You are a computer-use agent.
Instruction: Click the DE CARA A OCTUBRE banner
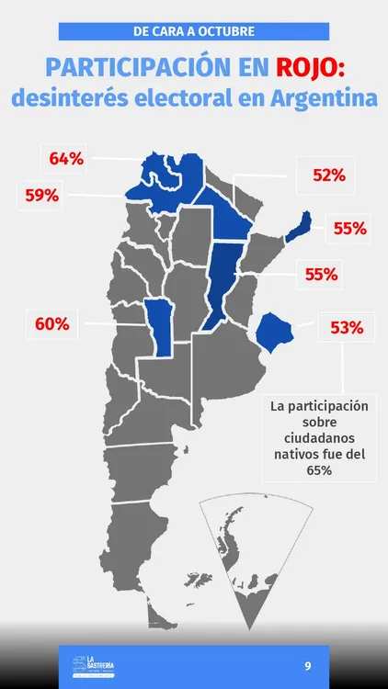pyautogui.click(x=194, y=31)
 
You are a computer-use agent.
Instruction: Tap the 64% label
pyautogui.click(x=66, y=159)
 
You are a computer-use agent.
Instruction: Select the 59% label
pyautogui.click(x=41, y=195)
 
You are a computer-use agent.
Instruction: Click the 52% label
pyautogui.click(x=328, y=175)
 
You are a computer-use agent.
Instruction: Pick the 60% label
pyautogui.click(x=51, y=323)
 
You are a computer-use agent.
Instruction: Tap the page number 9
pyautogui.click(x=308, y=664)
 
